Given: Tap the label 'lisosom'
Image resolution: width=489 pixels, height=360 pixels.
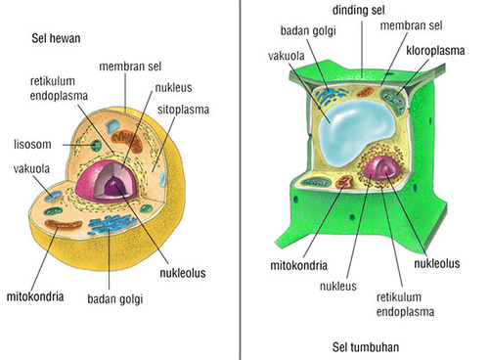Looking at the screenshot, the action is point(33,143).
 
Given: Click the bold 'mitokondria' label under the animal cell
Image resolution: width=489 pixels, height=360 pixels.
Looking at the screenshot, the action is point(37,292).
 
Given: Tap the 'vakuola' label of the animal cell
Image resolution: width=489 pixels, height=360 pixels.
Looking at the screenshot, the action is point(32,168).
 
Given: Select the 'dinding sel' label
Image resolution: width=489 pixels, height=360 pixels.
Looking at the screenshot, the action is point(358,10).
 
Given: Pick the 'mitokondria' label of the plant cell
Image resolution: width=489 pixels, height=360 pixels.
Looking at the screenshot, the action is point(296,265).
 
